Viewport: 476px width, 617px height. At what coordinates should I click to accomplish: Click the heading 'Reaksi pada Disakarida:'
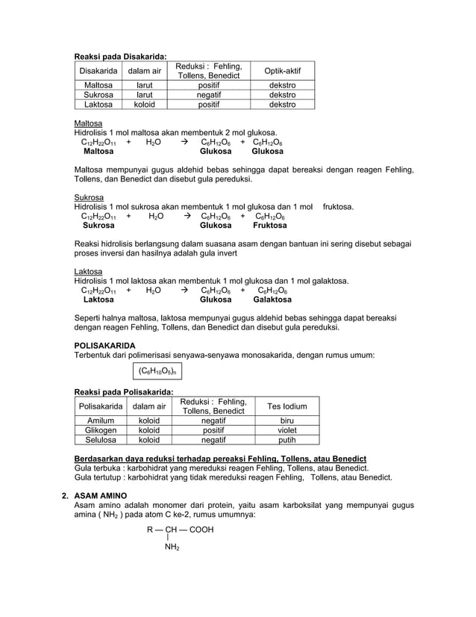[119, 55]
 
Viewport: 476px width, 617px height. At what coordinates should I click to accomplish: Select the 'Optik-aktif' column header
[282, 71]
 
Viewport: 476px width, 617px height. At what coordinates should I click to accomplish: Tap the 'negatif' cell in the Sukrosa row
[208, 96]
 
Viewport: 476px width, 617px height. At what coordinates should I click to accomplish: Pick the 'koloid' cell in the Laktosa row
[144, 105]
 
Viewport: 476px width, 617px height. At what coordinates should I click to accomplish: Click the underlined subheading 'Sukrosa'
[88, 198]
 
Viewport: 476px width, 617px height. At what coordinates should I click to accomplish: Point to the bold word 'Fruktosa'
[269, 225]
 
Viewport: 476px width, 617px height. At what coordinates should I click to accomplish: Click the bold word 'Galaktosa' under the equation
[272, 300]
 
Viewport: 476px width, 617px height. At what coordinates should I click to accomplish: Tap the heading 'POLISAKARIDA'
[104, 346]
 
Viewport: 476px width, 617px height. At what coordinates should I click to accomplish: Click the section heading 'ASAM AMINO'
[100, 496]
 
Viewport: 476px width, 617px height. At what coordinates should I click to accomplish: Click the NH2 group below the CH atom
[172, 548]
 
